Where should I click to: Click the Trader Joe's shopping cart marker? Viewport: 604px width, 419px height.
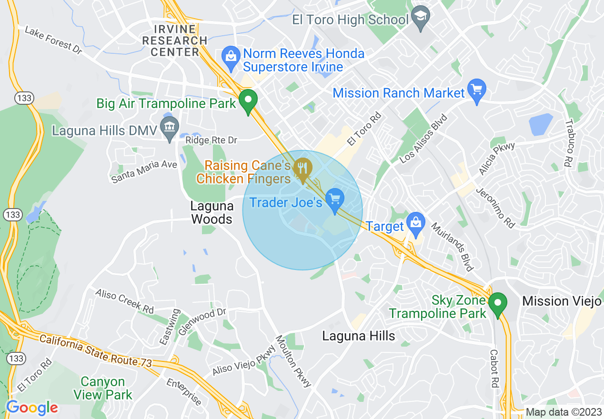[335, 198]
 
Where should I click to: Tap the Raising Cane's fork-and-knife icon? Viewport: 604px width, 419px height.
[302, 168]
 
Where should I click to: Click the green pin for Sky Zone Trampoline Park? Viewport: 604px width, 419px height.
[498, 302]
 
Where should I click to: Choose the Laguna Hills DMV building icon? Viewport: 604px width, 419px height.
[169, 127]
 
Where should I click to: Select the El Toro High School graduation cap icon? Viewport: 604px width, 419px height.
[421, 18]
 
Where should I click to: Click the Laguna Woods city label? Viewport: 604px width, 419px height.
[212, 212]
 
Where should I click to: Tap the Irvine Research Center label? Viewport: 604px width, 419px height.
[175, 40]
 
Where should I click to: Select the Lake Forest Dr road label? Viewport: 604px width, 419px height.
[53, 40]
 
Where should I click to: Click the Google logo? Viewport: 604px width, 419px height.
[32, 408]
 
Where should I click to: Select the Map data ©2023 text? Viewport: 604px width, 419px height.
[562, 412]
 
